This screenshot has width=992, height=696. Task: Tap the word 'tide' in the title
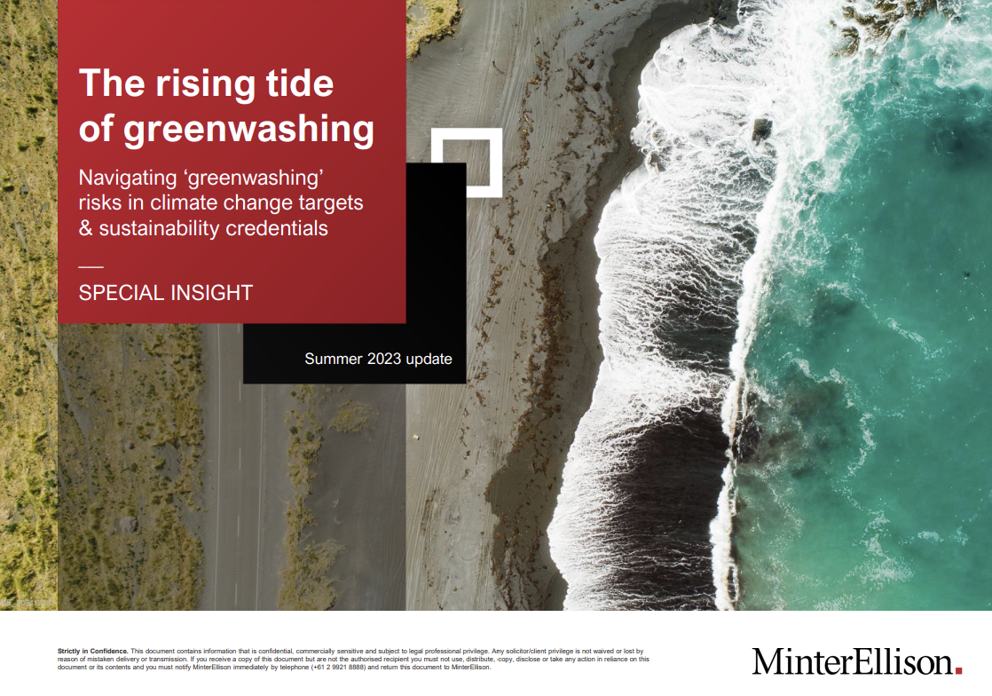tap(298, 84)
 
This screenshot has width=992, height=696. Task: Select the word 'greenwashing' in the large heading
tap(248, 130)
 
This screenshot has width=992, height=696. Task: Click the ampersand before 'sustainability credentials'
tap(86, 228)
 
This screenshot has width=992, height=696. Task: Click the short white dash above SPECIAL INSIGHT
tap(91, 267)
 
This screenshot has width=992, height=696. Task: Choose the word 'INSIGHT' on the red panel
tap(209, 293)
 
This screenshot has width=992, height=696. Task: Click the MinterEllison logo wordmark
tap(852, 661)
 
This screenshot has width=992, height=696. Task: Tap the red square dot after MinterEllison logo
tap(958, 670)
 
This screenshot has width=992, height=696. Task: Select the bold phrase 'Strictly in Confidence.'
tap(92, 652)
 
